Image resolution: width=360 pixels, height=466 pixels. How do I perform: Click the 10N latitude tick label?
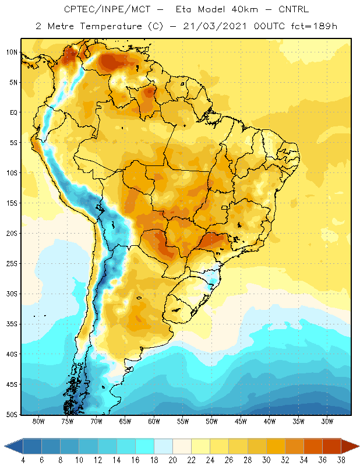pos(12,52)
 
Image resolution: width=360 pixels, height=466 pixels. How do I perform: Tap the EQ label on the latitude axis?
pos(13,112)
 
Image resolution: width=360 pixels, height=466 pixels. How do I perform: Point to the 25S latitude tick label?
pos(12,264)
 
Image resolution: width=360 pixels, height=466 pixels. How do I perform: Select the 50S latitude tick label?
pos(12,414)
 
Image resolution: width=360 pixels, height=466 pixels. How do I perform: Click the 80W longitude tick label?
pos(38,421)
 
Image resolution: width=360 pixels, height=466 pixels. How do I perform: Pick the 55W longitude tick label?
pos(183,421)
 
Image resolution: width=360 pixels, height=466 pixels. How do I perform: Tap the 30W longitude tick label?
pos(327,421)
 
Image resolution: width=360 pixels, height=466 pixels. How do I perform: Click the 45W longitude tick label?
pos(241,421)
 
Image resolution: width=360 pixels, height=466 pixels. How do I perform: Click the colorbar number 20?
pos(172,460)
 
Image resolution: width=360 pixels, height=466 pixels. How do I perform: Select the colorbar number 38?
pos(341,460)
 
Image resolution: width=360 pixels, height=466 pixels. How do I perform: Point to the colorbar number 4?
pos(23,460)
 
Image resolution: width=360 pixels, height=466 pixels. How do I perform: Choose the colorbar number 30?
pos(266,460)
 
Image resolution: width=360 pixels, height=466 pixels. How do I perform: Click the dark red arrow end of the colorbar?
pos(350,446)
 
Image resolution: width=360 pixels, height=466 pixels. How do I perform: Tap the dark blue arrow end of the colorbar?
pos(14,446)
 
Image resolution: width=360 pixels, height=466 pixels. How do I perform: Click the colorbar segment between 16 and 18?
pos(144,446)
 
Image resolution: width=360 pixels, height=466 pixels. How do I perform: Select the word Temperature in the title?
pos(111,26)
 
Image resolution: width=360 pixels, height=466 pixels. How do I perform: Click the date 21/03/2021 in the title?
pos(214,26)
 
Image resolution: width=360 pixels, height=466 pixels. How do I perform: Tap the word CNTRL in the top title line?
pos(294,9)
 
